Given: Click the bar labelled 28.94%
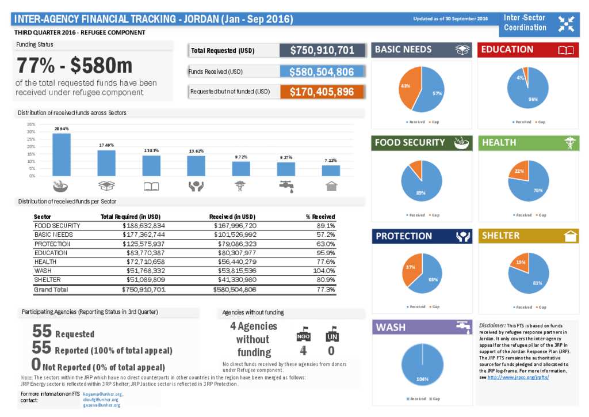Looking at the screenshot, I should pos(61,154).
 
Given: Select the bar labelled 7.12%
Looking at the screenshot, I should pos(331,170).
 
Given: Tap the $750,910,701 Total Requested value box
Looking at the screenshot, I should pos(322,51).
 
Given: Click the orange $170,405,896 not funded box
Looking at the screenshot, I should pos(322,92).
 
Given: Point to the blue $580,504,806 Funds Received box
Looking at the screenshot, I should pos(322,72).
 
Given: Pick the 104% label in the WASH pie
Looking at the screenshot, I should pos(422,378).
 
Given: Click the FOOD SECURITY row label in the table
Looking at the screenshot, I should pos(57,226).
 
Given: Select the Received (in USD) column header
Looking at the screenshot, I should pos(232,217).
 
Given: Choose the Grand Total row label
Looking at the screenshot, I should pos(51,289).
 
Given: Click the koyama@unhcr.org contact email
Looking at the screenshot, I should pos(103,394).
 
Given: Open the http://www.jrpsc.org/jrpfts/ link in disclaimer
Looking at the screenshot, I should pos(518,377).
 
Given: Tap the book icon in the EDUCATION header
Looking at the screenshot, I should pos(566,50).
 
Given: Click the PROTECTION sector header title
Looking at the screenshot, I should pos(404,236).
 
